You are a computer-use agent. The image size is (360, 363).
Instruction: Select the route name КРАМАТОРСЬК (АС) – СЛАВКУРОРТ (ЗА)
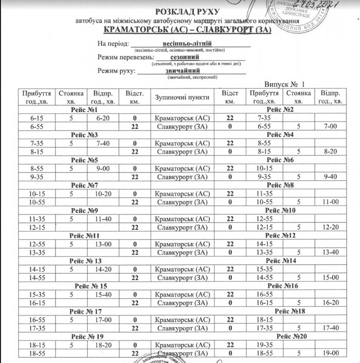[x=190, y=31]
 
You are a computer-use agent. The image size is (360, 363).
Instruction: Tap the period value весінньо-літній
[x=187, y=44]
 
